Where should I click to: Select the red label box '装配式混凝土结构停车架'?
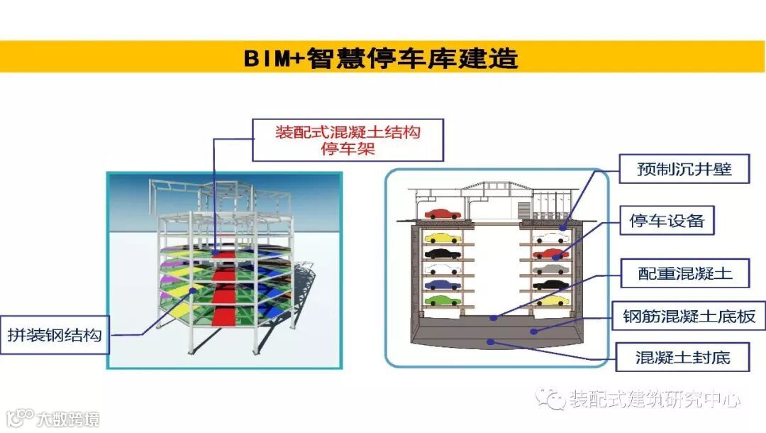[348, 140]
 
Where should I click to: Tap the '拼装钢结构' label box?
[55, 334]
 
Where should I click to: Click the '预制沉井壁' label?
[684, 170]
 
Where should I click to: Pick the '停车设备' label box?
[667, 221]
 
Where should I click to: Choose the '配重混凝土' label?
[684, 273]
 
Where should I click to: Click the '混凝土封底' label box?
[683, 357]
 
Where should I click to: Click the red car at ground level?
[441, 213]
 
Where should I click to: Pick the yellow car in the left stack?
[442, 238]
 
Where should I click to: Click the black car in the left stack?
[442, 253]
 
